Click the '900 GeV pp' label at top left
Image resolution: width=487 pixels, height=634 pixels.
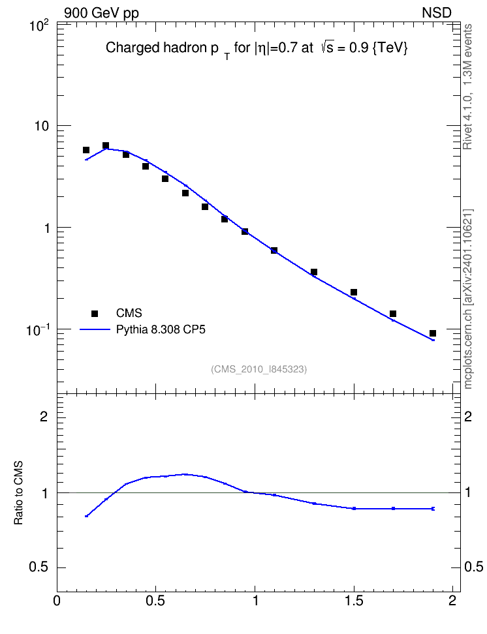tap(101, 13)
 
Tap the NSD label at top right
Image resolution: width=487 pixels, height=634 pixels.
tap(436, 13)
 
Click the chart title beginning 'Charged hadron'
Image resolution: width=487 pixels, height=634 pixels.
tap(257, 48)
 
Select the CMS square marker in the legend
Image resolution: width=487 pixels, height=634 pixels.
tap(95, 313)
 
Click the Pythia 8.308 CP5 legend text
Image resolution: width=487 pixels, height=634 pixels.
tap(161, 329)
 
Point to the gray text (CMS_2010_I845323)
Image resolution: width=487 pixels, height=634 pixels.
tap(259, 369)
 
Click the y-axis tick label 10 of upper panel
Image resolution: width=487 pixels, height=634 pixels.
tap(41, 126)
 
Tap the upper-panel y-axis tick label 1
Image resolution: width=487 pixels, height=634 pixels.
tap(46, 228)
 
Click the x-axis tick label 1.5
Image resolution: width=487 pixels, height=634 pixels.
tap(354, 601)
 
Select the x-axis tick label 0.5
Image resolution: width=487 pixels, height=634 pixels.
tap(156, 601)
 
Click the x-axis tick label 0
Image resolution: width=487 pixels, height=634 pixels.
tap(57, 601)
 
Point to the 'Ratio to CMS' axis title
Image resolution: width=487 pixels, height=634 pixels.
tap(18, 493)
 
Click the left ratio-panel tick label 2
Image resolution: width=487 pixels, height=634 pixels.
tap(44, 416)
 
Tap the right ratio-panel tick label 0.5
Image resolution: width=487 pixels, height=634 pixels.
tap(473, 567)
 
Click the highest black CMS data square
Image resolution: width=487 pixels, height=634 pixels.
tap(106, 145)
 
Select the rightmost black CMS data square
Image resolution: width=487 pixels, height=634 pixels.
tap(433, 333)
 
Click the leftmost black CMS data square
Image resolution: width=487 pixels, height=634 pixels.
tap(86, 150)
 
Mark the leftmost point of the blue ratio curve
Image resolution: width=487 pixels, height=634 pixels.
tap(86, 516)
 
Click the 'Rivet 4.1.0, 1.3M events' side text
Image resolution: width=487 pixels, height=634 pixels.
tap(467, 87)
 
